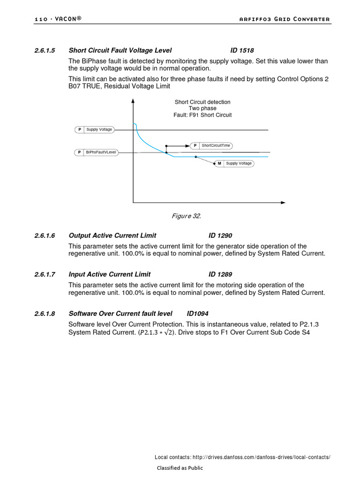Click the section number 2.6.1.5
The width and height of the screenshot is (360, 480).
(x=45, y=50)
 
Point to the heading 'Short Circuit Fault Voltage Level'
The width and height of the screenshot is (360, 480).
(x=120, y=50)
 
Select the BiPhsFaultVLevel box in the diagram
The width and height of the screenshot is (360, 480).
(x=97, y=152)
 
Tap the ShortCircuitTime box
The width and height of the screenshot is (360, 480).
(x=211, y=145)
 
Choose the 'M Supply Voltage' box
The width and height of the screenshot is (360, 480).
(x=234, y=164)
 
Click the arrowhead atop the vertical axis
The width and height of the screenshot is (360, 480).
(x=134, y=100)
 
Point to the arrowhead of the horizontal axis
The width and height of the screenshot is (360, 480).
(x=283, y=202)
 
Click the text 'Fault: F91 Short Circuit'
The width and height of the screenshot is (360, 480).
(x=202, y=115)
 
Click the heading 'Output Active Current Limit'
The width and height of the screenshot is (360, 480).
(x=112, y=235)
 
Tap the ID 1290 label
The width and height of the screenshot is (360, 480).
(x=220, y=235)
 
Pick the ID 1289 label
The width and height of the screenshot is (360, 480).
(x=220, y=274)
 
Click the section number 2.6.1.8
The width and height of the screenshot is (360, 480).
(x=45, y=313)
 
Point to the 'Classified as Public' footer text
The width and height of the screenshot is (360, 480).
(x=180, y=468)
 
